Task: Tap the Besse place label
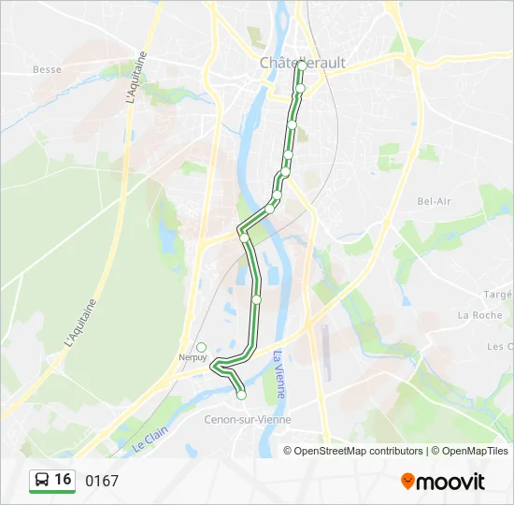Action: [x=47, y=69]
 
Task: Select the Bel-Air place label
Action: [x=434, y=201]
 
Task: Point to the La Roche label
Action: [x=479, y=315]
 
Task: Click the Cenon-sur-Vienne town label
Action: [x=248, y=420]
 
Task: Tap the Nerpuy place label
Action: [x=193, y=357]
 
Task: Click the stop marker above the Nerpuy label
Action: [x=201, y=347]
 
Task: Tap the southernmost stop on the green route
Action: [x=241, y=396]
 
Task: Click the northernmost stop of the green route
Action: [x=301, y=65]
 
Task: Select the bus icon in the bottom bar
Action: [x=42, y=481]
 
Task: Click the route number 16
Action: [x=63, y=480]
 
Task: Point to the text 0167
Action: [x=102, y=481]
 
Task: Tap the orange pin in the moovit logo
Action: [x=407, y=482]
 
